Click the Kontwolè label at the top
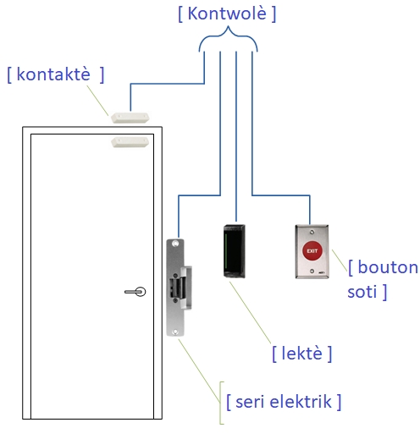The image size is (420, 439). (227, 14)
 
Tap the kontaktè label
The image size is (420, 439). (56, 74)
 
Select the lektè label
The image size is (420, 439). (301, 353)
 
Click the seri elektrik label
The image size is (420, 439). (284, 402)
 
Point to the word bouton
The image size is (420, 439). (388, 266)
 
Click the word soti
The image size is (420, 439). (362, 292)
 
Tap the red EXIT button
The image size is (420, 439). (312, 250)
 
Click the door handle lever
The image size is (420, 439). (135, 292)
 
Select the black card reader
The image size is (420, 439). (235, 251)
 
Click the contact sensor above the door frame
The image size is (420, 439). (130, 118)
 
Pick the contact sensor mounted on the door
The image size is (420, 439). (130, 142)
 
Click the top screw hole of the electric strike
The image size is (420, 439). (175, 244)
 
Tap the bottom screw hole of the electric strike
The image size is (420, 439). (175, 332)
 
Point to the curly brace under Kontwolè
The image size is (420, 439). (228, 36)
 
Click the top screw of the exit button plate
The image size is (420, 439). (312, 233)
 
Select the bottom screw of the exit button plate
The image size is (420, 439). (312, 272)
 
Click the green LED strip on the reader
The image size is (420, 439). (226, 251)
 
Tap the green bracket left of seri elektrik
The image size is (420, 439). (222, 403)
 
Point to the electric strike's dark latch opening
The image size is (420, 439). (173, 288)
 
